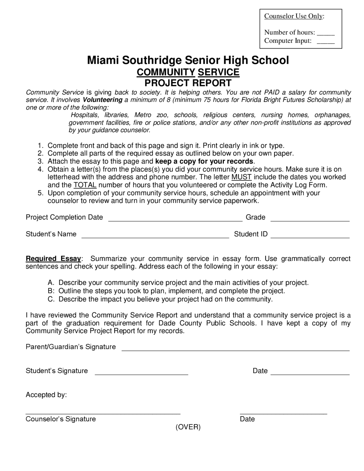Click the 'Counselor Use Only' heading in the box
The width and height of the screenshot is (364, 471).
click(294, 16)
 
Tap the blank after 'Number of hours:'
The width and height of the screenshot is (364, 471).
click(326, 33)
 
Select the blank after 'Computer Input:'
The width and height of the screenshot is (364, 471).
click(326, 41)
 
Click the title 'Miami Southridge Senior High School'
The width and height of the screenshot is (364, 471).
click(188, 60)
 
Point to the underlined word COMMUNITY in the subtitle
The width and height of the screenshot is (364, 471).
click(166, 72)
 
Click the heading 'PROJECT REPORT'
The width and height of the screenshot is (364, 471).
click(188, 83)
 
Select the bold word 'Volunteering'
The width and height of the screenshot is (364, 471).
click(102, 100)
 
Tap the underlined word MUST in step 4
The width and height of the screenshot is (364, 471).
click(241, 177)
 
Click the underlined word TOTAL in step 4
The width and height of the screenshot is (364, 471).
click(85, 185)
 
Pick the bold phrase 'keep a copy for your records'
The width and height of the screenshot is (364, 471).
click(204, 161)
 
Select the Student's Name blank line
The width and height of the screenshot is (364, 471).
click(155, 236)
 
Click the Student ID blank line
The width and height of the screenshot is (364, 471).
click(310, 236)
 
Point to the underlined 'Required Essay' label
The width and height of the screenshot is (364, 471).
click(53, 259)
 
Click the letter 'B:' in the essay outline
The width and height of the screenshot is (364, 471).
click(51, 291)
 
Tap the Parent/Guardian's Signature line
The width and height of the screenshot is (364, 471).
click(235, 350)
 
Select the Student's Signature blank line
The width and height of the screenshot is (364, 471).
click(141, 373)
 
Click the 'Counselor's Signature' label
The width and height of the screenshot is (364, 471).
click(61, 419)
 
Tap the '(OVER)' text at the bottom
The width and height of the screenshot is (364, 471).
click(188, 427)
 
